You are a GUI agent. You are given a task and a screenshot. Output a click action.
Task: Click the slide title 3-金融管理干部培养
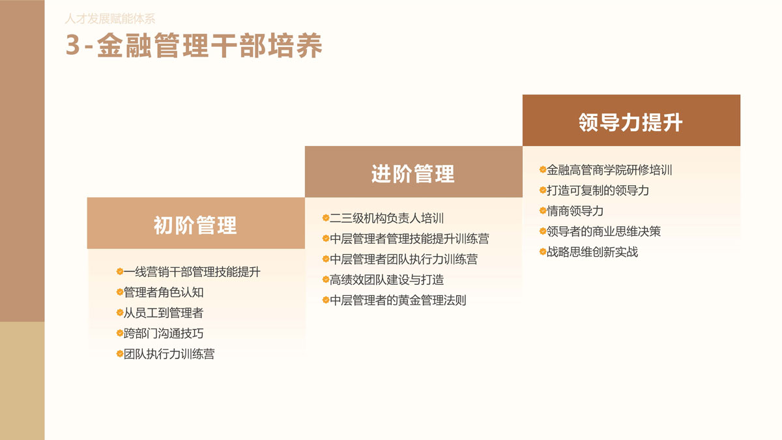[x=194, y=46]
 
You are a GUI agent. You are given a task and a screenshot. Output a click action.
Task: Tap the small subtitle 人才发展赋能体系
[x=110, y=18]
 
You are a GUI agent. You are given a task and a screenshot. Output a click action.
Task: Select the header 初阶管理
[x=195, y=225]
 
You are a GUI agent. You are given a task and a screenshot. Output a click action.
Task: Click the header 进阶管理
[x=413, y=173]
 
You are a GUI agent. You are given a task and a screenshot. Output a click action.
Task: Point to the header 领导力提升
[x=631, y=123]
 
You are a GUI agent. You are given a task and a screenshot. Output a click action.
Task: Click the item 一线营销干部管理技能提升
[x=192, y=272]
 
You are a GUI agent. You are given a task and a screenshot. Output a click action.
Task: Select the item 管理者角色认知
[x=164, y=292]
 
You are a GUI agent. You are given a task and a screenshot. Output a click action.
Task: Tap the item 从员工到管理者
[x=164, y=312]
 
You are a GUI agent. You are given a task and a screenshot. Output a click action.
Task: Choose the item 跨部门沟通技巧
[x=164, y=333]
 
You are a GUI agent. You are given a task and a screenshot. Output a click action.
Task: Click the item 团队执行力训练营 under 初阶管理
[x=169, y=354]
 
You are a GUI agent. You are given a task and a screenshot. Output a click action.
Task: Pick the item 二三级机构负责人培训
[x=386, y=218]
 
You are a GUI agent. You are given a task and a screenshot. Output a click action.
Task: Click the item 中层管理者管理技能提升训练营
[x=409, y=239]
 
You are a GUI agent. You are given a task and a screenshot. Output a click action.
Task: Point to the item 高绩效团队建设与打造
[x=386, y=280]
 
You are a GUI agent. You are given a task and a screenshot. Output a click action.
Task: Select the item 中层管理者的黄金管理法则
[x=398, y=301]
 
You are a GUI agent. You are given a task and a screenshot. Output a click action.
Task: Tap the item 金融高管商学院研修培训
[x=609, y=170]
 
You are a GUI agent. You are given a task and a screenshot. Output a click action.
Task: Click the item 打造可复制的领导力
[x=598, y=190]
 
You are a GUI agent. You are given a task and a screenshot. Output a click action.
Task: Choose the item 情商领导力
[x=575, y=211]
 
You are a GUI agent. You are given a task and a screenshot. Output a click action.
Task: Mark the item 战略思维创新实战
[x=592, y=252]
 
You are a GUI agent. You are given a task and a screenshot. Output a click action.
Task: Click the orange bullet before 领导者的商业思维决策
[x=542, y=231]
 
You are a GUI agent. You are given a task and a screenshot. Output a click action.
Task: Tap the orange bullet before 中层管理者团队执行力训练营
[x=325, y=259]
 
